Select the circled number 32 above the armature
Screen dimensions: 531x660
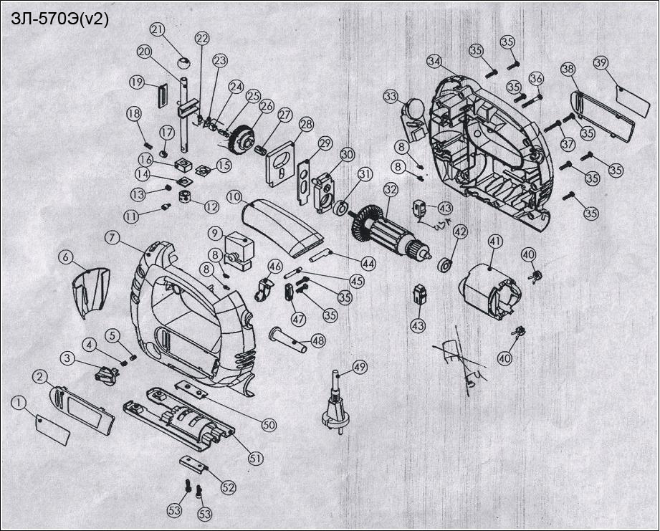pos(390,191)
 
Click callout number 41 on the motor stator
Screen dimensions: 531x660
pos(494,241)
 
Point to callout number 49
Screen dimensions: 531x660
pos(359,368)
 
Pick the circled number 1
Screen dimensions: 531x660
pos(17,403)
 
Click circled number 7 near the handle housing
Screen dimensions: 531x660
pos(112,236)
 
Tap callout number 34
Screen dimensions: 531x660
pos(434,61)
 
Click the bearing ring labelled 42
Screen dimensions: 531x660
pos(444,263)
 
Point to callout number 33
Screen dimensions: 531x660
pos(390,96)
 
